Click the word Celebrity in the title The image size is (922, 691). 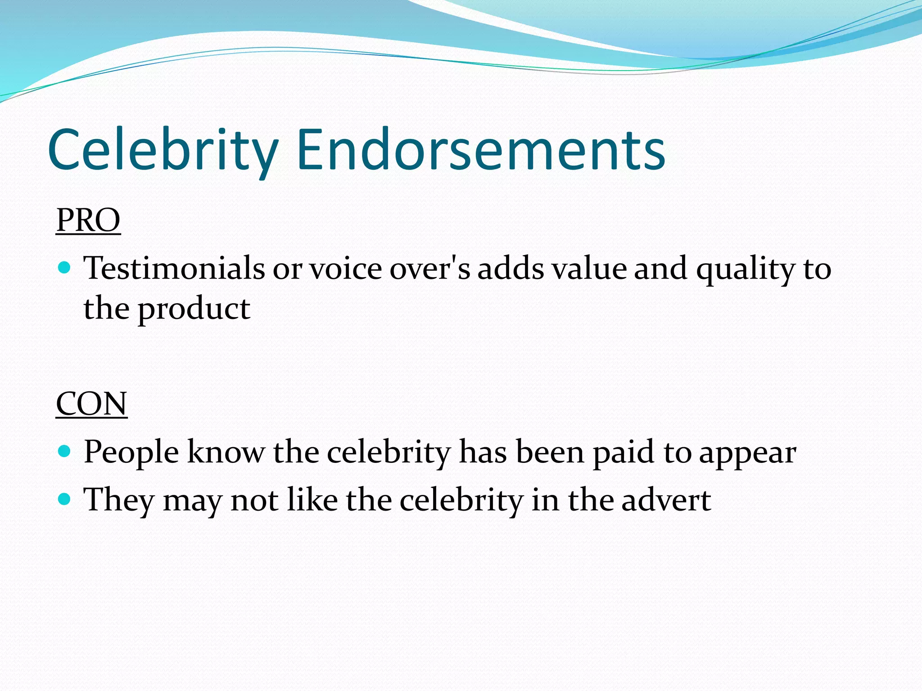(163, 150)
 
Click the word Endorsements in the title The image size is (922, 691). (480, 150)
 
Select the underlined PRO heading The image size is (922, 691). (88, 220)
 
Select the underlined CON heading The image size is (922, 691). (91, 404)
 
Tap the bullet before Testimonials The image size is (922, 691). (65, 268)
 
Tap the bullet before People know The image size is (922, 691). (65, 451)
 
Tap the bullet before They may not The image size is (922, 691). (65, 499)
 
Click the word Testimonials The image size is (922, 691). (174, 269)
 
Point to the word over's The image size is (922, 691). (429, 269)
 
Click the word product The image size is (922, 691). (194, 310)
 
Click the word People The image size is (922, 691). (131, 452)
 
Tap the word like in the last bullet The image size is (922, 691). (312, 500)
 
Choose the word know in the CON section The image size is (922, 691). (226, 452)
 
